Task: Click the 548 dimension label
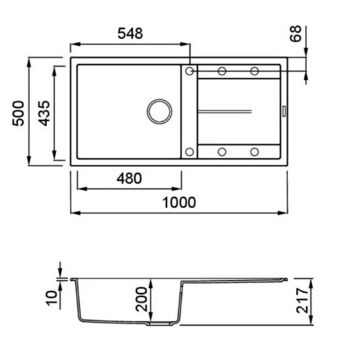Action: tap(130, 33)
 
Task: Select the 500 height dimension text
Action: tap(18, 113)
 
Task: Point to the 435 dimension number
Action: tap(44, 113)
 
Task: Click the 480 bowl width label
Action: tap(129, 179)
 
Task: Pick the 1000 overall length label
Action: tap(179, 202)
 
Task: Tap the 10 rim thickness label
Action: tap(52, 298)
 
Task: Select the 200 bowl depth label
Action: tap(141, 299)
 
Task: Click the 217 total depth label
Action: tap(302, 301)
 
